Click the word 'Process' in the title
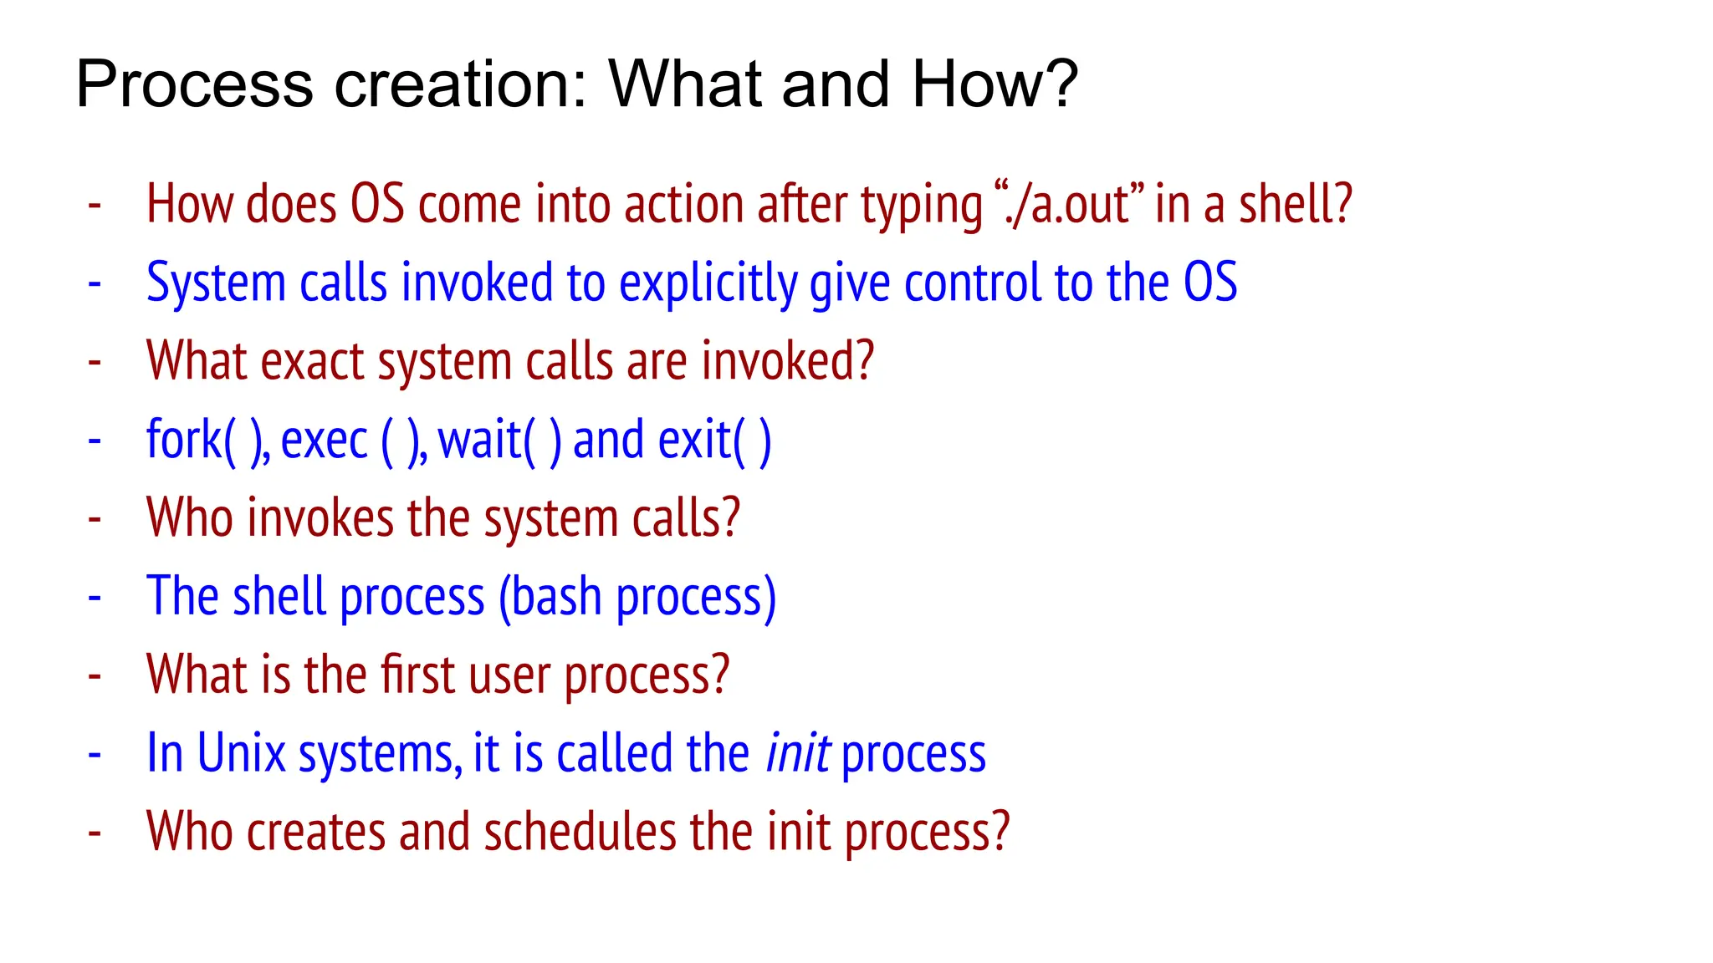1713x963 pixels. tap(194, 84)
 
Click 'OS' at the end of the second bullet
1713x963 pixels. tap(1209, 283)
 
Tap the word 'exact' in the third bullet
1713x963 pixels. tap(312, 361)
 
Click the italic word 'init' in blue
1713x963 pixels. tap(797, 753)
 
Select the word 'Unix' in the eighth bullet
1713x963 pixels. tap(242, 753)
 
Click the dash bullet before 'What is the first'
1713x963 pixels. tap(95, 675)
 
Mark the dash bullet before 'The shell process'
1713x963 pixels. tap(95, 597)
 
